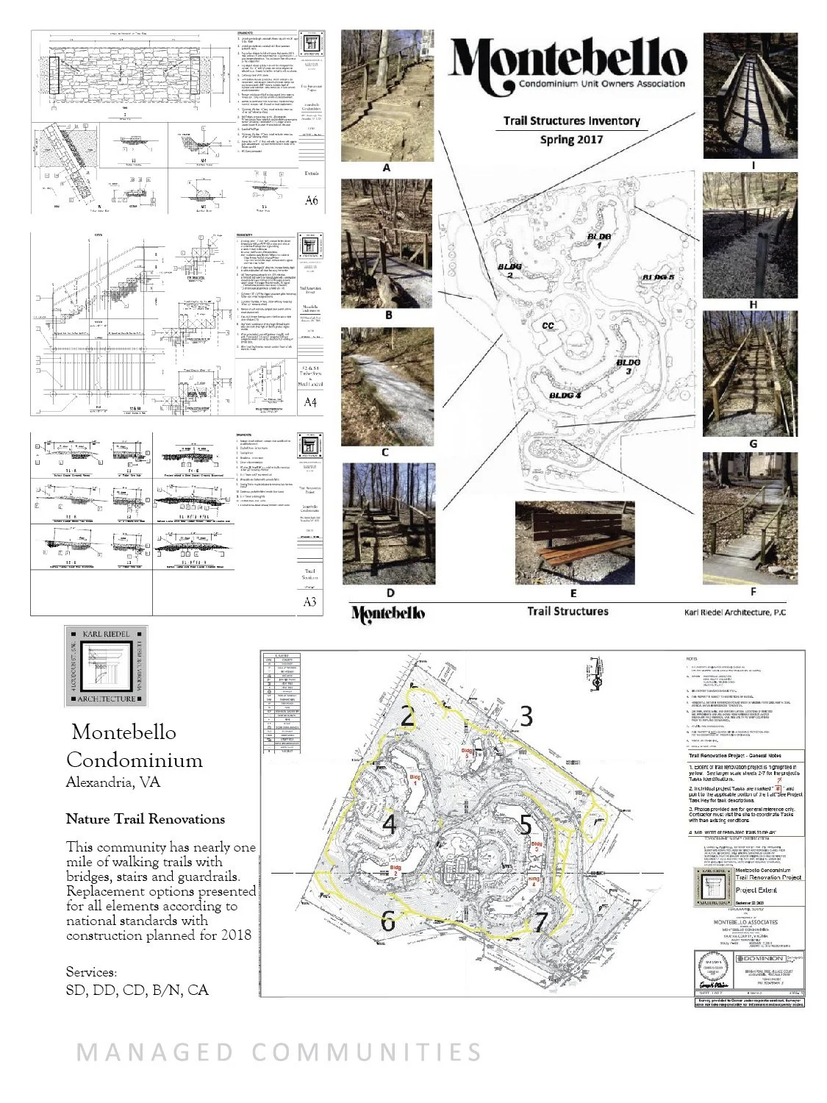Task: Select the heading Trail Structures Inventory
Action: [571, 121]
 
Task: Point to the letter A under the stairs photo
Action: [386, 168]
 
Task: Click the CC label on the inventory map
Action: [548, 325]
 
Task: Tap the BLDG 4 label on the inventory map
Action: [565, 395]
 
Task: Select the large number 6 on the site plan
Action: [388, 921]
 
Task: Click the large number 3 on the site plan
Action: [525, 715]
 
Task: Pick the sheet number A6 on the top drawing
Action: [311, 199]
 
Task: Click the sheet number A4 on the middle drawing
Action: [311, 402]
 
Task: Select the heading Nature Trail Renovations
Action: [146, 818]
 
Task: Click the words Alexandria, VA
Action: [112, 782]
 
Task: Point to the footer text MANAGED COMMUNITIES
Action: [279, 1052]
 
